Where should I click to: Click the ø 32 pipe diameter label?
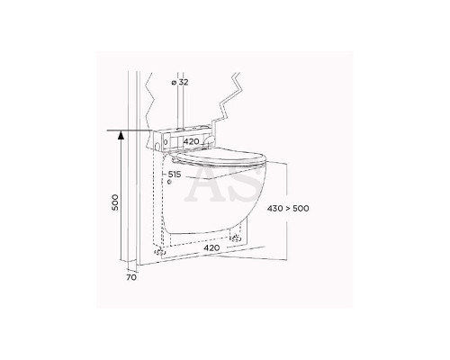pyautogui.click(x=180, y=82)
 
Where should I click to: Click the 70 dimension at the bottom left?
pyautogui.click(x=131, y=277)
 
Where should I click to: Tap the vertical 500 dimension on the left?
pyautogui.click(x=115, y=202)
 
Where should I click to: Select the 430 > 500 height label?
pyautogui.click(x=288, y=208)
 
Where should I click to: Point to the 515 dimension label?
pyautogui.click(x=175, y=175)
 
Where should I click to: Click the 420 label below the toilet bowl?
pyautogui.click(x=211, y=247)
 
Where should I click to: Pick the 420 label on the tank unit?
pyautogui.click(x=191, y=141)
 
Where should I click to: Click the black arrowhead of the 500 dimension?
pyautogui.click(x=121, y=136)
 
